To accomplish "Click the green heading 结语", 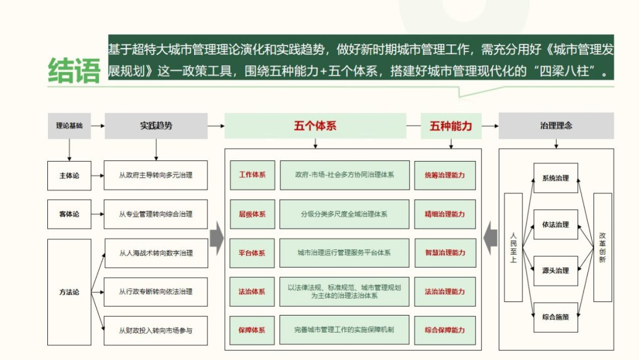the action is [74, 70].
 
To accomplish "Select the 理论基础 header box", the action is [69, 126].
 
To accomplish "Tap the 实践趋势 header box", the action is [156, 126].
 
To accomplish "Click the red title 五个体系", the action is [315, 126].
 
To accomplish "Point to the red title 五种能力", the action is [451, 126].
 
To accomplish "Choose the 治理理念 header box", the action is [556, 126].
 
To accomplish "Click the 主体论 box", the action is [69, 176].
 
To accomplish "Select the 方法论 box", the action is [69, 292].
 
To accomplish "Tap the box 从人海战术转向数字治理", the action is [156, 253].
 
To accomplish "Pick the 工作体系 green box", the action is [252, 175].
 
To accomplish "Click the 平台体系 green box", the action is [252, 253].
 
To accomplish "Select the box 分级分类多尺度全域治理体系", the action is [344, 214].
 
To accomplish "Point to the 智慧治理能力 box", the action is [445, 253].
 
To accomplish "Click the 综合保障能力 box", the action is [445, 330].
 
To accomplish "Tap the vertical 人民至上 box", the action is [514, 247].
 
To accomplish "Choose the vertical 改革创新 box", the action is [602, 247].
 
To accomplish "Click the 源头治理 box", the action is [556, 271].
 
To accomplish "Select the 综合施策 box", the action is [556, 317].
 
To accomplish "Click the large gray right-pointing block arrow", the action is [217, 239].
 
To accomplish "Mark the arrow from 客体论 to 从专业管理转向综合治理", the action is [98, 214].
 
